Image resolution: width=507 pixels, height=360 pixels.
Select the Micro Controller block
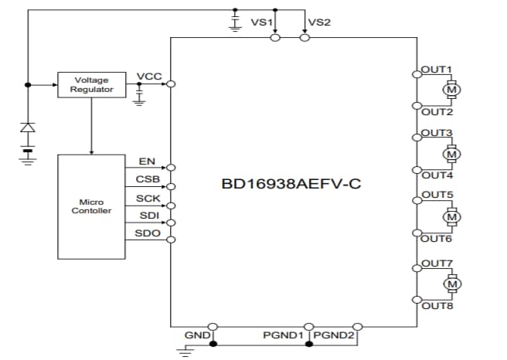(x=91, y=206)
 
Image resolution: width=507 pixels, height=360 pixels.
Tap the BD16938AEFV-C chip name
(x=291, y=185)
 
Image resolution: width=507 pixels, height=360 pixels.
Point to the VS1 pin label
(x=262, y=22)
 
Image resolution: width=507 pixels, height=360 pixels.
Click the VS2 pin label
(x=319, y=22)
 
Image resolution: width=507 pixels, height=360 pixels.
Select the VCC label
(x=148, y=76)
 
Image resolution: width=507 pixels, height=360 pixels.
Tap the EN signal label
(x=147, y=161)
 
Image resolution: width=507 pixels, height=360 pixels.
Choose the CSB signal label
(x=148, y=180)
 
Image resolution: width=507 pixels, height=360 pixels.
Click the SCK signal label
(x=148, y=199)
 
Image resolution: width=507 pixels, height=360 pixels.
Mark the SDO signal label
(x=148, y=233)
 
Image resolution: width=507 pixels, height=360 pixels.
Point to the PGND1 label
(x=283, y=336)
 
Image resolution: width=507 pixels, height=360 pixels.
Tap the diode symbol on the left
(x=28, y=127)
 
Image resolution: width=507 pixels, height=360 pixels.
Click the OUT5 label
(x=437, y=195)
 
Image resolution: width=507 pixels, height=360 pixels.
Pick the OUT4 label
(x=437, y=175)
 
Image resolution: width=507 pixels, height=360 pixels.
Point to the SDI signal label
(x=148, y=216)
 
